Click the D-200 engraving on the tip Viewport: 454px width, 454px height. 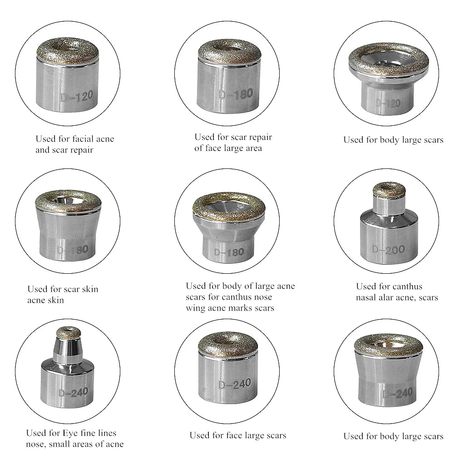(389, 249)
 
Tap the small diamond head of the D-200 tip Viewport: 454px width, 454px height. (389, 190)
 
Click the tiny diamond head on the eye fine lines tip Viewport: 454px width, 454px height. (69, 333)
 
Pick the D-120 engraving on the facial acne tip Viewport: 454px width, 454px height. (77, 96)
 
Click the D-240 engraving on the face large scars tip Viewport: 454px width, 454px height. (235, 384)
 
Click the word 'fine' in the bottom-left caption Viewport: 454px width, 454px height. (88, 433)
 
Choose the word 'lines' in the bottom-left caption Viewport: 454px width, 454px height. (107, 433)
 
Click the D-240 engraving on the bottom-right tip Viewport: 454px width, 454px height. (397, 394)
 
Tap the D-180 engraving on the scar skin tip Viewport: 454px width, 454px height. (72, 250)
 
